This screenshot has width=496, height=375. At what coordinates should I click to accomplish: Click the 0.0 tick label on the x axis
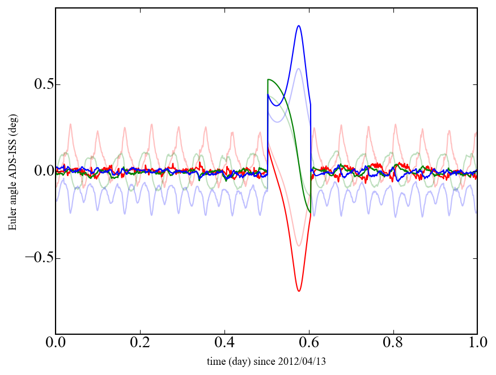point(56,343)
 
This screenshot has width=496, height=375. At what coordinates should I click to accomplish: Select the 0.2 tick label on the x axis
point(140,343)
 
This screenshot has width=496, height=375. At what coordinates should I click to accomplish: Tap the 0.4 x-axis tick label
point(224,343)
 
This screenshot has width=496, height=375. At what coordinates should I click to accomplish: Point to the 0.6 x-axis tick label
point(309,343)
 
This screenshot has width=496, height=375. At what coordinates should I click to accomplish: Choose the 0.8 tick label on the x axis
point(393,343)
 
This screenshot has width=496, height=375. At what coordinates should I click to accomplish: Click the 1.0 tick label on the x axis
point(477,343)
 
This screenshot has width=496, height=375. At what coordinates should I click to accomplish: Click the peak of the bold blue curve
point(298,25)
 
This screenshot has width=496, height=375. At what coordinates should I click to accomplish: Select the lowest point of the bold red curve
point(299,291)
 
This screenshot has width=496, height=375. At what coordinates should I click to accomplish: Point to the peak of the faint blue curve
point(299,69)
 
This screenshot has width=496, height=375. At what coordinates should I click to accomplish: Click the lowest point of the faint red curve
point(299,246)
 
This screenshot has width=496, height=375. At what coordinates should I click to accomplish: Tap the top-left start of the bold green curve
point(268,80)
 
